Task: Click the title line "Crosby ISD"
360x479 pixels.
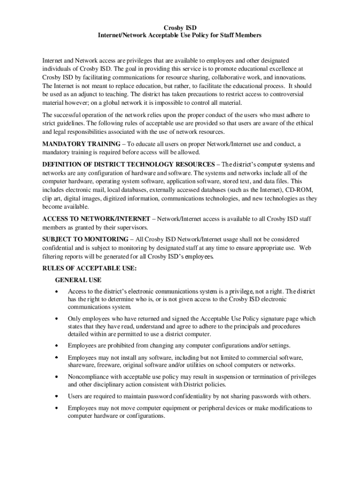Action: [x=180, y=28]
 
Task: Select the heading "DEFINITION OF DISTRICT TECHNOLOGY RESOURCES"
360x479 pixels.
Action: [x=128, y=165]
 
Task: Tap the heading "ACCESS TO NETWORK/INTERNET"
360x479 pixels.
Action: [x=96, y=219]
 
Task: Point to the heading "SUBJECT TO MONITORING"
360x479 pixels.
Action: [x=84, y=239]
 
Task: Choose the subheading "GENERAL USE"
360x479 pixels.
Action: [x=78, y=280]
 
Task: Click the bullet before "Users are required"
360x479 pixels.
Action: [x=57, y=397]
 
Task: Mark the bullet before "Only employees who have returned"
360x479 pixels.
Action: [x=57, y=319]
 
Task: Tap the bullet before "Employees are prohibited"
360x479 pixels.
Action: [x=57, y=346]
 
